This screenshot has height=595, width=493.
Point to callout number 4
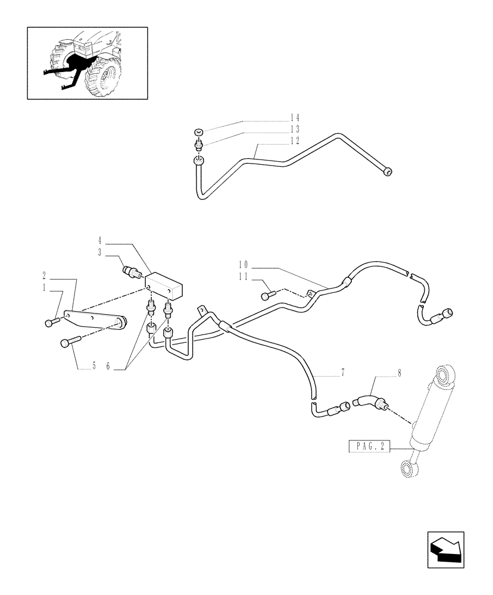pyautogui.click(x=101, y=242)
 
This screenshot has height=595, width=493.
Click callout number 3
pyautogui.click(x=101, y=253)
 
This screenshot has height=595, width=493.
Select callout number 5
pyautogui.click(x=93, y=367)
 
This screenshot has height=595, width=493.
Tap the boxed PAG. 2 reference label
pyautogui.click(x=367, y=446)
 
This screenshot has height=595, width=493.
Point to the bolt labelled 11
pyautogui.click(x=268, y=294)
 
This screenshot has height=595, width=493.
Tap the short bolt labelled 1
pyautogui.click(x=50, y=322)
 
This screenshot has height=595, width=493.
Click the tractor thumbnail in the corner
pyautogui.click(x=88, y=62)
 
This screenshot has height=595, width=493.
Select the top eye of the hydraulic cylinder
pyautogui.click(x=444, y=375)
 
